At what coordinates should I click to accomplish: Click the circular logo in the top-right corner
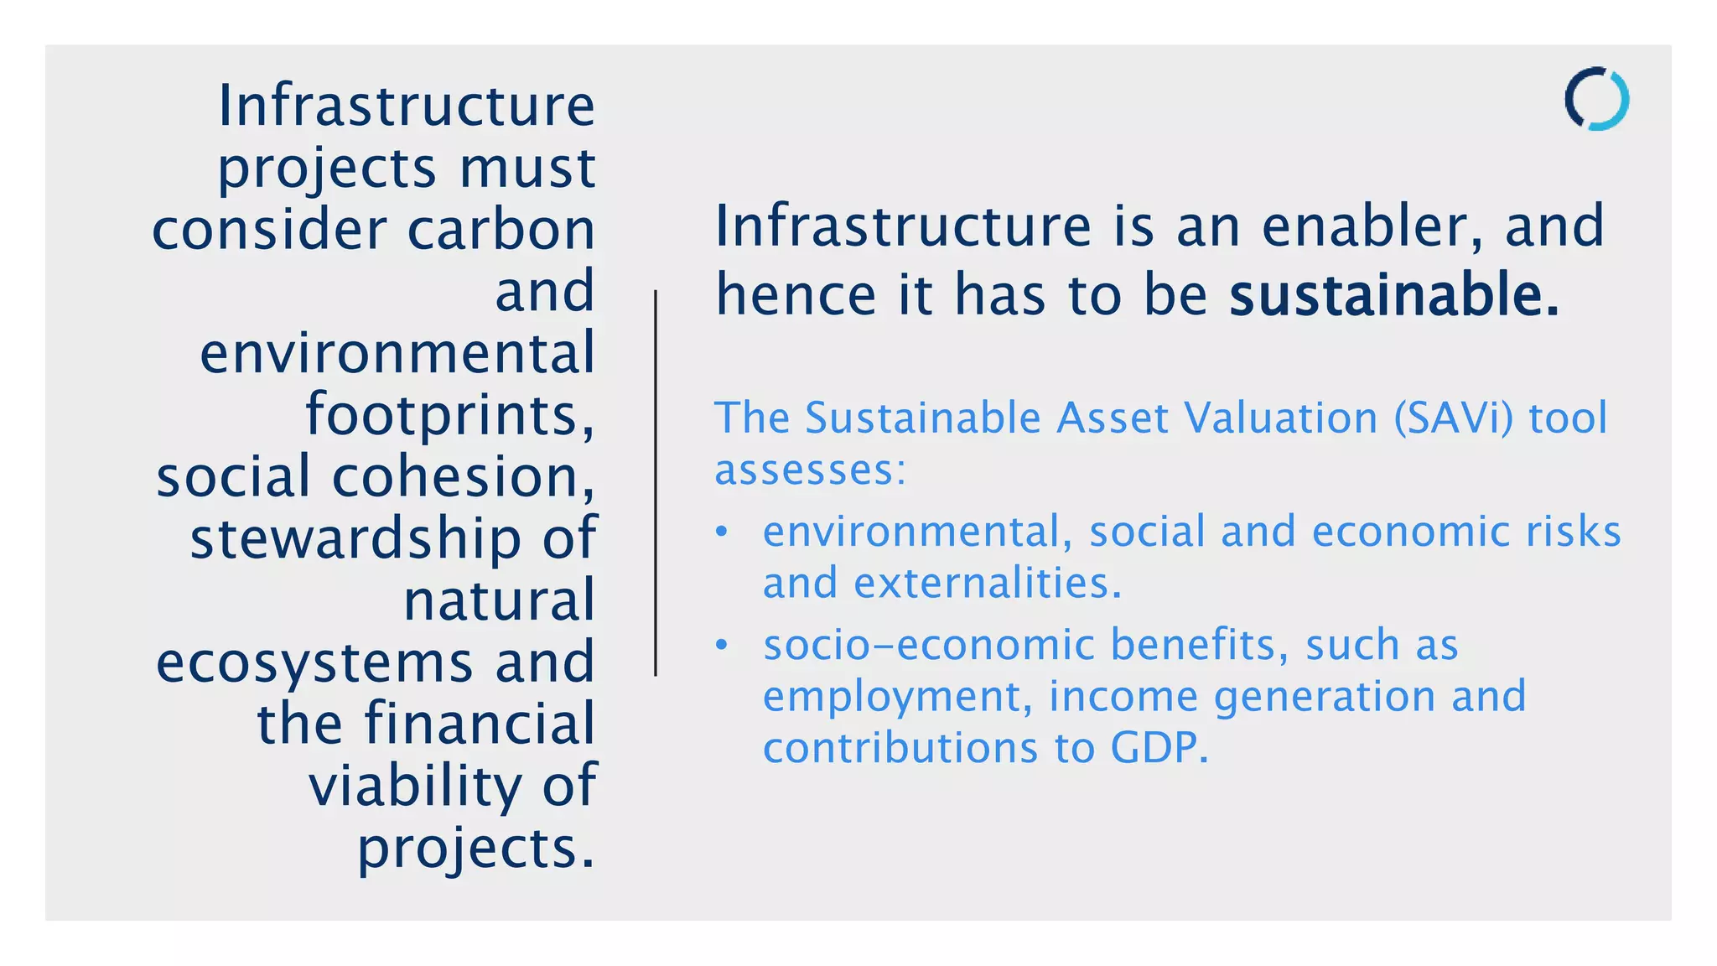pos(1596,99)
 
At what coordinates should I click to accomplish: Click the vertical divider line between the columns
pos(656,483)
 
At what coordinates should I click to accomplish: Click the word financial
pos(479,724)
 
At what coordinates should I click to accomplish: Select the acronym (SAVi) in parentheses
pos(1453,418)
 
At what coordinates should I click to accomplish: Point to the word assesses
pos(810,470)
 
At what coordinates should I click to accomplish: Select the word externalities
pos(988,583)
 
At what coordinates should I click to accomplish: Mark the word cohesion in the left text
pos(463,477)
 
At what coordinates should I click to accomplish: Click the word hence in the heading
pos(796,295)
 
